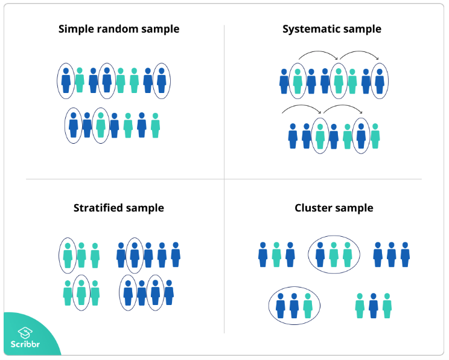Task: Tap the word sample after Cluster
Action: click(354, 208)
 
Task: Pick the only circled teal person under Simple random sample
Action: click(101, 124)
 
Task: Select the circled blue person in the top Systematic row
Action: click(380, 80)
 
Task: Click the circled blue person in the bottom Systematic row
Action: click(361, 136)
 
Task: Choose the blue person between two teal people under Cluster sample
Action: click(373, 306)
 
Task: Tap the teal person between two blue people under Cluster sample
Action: click(276, 254)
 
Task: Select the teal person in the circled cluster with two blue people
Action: click(308, 306)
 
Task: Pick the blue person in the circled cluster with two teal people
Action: click(320, 254)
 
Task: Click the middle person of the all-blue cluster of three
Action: click(392, 254)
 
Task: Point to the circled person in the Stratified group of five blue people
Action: click(135, 254)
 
